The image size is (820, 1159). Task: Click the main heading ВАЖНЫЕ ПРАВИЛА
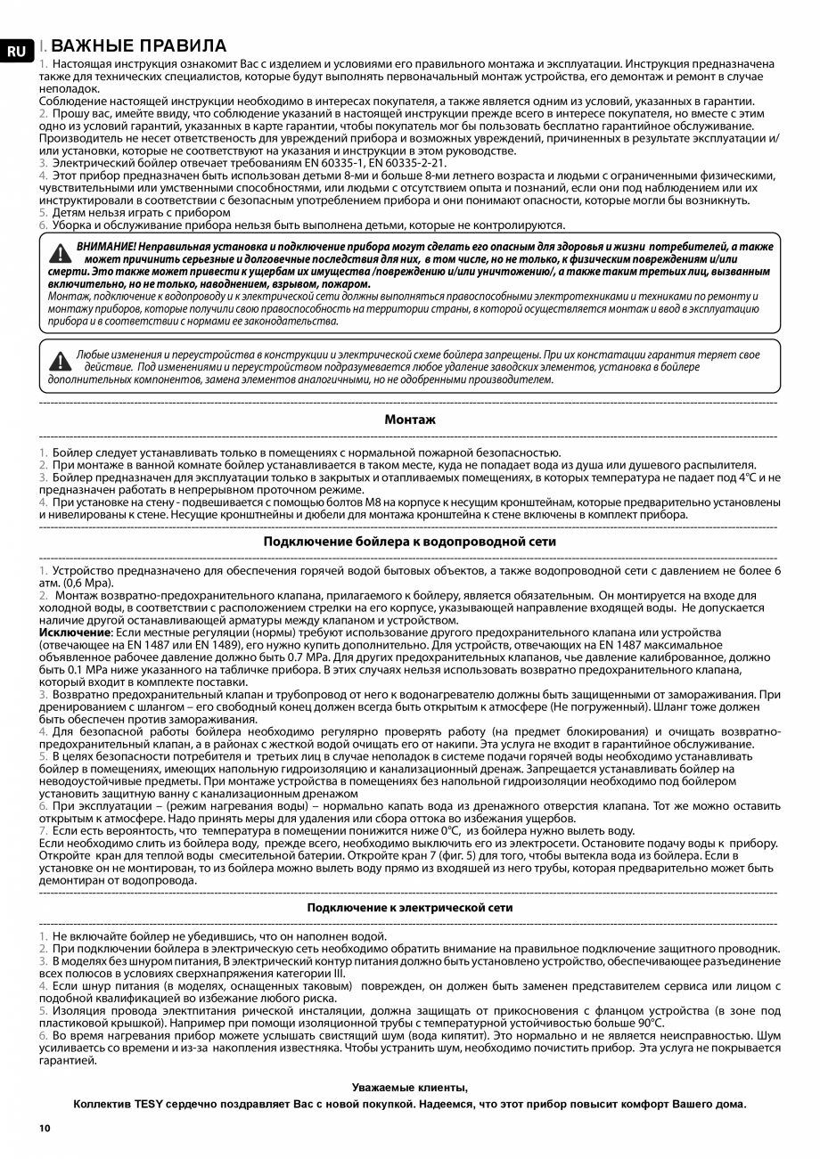(138, 46)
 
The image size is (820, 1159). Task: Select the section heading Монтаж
(410, 419)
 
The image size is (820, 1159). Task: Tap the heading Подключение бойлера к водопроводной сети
(410, 541)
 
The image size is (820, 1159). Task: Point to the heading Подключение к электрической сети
(410, 907)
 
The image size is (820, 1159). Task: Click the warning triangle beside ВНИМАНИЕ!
(60, 254)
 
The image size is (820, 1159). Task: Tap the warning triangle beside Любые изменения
(60, 361)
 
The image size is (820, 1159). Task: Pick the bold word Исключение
(71, 633)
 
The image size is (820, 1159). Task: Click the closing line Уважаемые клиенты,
(409, 1087)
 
